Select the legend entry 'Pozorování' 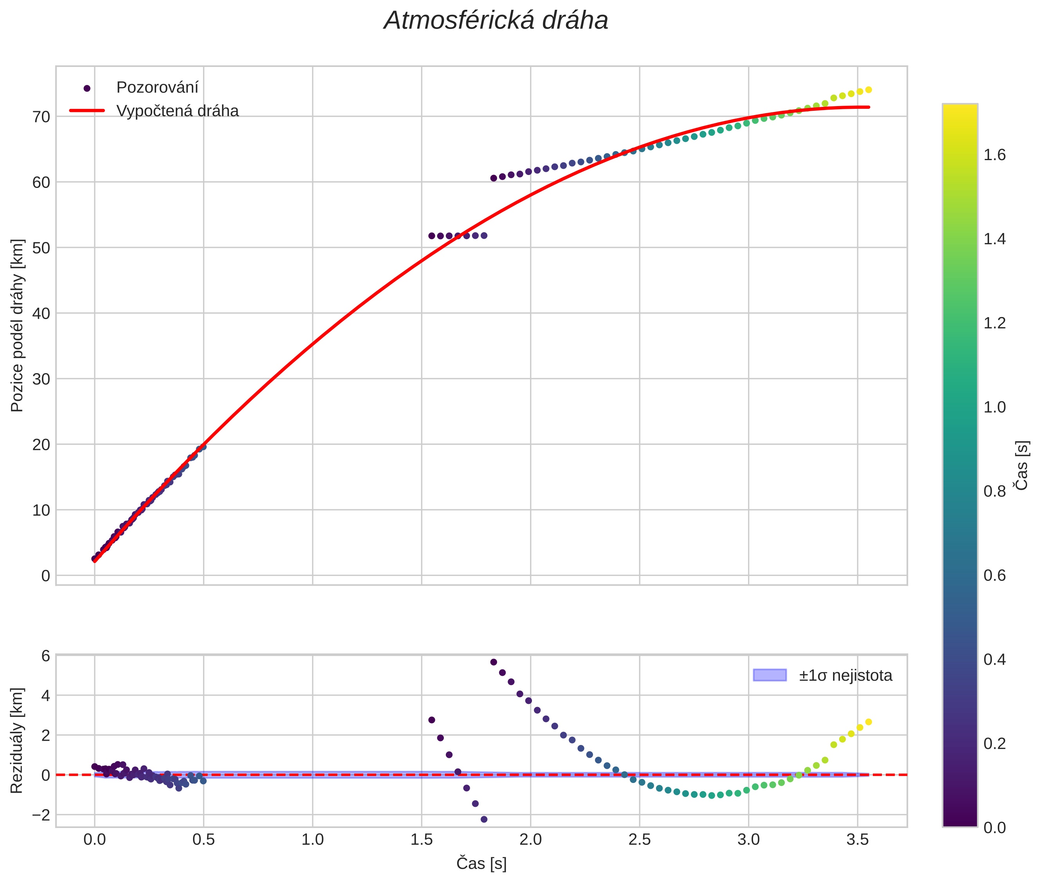pos(157,88)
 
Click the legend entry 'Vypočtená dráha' pos(177,111)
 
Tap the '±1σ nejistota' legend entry pos(845,676)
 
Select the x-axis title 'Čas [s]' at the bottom pos(481,864)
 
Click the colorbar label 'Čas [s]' pos(1022,465)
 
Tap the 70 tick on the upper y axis pos(41,117)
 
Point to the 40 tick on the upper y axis pos(41,314)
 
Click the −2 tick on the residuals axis pos(41,815)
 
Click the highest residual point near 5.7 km pos(494,662)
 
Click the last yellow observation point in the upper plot pos(869,90)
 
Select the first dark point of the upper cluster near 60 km pos(494,178)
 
